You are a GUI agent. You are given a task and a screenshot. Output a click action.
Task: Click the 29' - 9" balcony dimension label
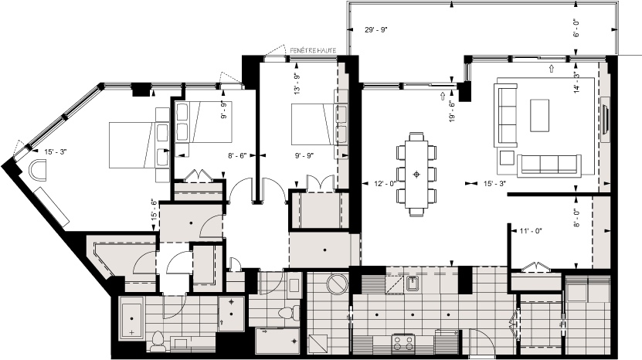click(x=375, y=30)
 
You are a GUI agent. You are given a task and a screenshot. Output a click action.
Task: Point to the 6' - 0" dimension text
click(x=576, y=29)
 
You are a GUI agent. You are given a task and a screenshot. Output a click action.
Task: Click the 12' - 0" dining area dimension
click(x=384, y=184)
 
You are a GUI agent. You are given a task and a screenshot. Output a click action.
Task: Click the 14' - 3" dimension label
click(x=576, y=82)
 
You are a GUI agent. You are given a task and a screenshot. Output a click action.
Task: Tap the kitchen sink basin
click(x=413, y=284)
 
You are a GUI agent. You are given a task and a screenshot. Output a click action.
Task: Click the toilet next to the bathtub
click(x=158, y=340)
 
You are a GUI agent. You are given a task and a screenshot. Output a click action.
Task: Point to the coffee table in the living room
click(x=538, y=114)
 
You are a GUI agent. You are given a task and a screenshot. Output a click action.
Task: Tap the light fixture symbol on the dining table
click(x=417, y=174)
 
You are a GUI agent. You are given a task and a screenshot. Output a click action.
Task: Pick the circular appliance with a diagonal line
click(x=338, y=284)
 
